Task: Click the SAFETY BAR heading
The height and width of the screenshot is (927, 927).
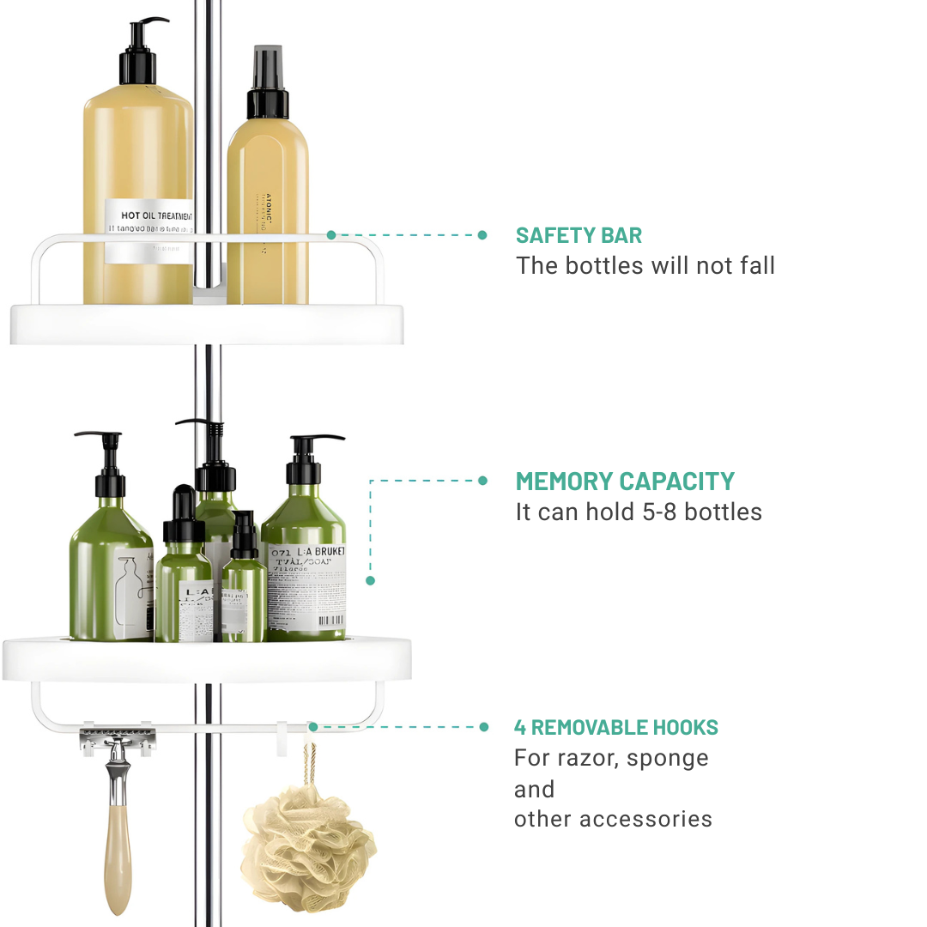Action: click(579, 236)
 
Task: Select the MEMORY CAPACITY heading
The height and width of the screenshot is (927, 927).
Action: click(625, 482)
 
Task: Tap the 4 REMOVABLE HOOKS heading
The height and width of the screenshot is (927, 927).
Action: click(616, 728)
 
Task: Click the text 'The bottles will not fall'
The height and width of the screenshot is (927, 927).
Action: click(645, 266)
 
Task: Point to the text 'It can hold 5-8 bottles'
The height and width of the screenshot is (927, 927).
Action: click(639, 512)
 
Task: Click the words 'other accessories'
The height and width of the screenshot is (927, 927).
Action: click(613, 819)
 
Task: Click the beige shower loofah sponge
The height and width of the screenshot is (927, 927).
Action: click(308, 845)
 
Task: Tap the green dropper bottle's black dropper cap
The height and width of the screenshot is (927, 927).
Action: click(184, 516)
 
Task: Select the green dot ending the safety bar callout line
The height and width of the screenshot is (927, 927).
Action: click(482, 235)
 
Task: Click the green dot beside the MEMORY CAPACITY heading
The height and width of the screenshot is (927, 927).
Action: click(482, 481)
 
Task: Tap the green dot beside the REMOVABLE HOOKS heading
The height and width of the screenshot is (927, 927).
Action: click(483, 727)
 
